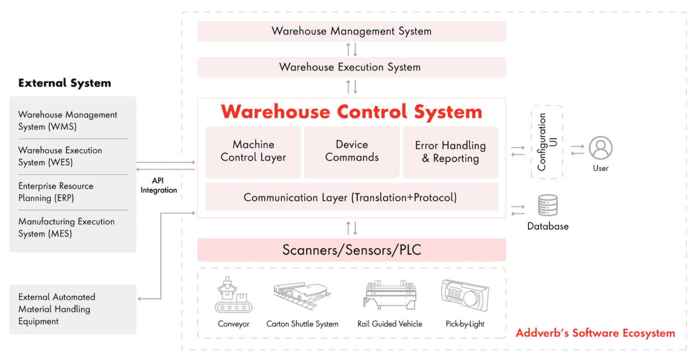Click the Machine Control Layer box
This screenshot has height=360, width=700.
coord(253,152)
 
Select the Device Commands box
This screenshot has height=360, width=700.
coord(351,152)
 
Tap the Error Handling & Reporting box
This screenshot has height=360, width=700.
coord(450,152)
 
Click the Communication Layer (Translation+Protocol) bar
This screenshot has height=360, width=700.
coord(351,197)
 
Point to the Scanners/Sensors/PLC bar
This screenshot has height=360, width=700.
coord(351,250)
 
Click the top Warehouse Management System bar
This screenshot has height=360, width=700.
coord(351,31)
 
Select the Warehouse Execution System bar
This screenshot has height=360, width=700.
coord(351,67)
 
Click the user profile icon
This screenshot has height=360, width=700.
coord(601,148)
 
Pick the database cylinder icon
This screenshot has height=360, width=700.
coord(548,206)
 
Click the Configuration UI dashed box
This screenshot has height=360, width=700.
coord(547,142)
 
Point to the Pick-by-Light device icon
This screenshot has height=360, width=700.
coord(465,295)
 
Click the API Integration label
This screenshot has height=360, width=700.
coord(158,185)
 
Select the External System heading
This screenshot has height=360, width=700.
coord(65,83)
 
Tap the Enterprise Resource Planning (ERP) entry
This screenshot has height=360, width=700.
coord(56,192)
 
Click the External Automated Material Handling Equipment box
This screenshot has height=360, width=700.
coord(72,309)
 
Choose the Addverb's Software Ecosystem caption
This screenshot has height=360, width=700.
coord(595,333)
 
